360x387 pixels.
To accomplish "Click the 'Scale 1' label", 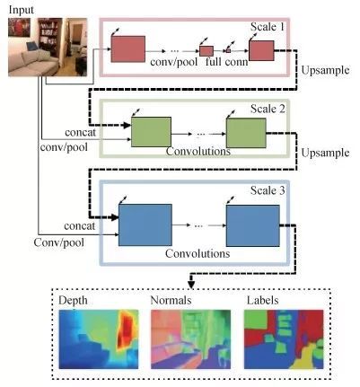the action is point(268,27).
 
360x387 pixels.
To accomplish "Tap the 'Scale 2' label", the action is point(268,109).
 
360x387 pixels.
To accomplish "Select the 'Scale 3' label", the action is point(268,190).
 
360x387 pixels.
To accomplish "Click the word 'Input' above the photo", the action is point(22,10).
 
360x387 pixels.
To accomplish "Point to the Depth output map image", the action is point(99,339).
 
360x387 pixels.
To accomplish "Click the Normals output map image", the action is point(190,339).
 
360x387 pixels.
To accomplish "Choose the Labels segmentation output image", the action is point(284,339).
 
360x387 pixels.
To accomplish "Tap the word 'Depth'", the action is point(73,301).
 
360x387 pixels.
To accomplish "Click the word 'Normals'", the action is point(171,300).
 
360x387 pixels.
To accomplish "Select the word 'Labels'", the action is point(262,300).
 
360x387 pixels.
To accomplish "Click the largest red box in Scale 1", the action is point(128,49).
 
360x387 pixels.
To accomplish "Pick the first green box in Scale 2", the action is point(151,132).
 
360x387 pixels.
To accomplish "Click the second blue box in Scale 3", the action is point(253,225).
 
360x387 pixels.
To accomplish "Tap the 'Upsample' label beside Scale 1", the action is point(325,71).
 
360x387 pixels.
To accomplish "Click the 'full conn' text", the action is point(227,62).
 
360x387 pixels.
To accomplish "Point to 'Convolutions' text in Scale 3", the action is point(198,253).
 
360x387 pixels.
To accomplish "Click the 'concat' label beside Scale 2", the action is point(80,132).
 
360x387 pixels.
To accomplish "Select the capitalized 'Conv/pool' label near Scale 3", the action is point(58,242).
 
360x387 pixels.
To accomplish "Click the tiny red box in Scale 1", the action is point(228,50).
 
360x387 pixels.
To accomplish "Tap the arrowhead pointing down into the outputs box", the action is point(191,285).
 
